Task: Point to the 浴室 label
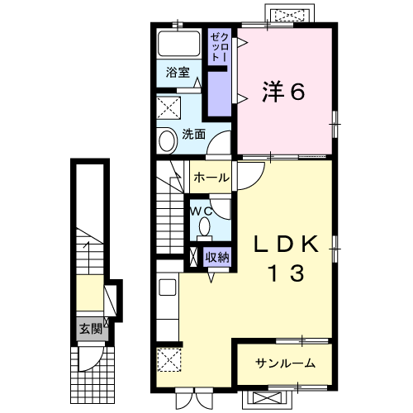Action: (x=177, y=72)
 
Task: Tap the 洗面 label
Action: (x=193, y=134)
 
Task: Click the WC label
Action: (x=202, y=211)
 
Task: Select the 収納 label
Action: (x=217, y=257)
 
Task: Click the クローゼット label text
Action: (x=218, y=48)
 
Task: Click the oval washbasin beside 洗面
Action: (x=166, y=140)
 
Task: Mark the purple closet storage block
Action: (x=218, y=93)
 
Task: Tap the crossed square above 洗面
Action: (x=170, y=107)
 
